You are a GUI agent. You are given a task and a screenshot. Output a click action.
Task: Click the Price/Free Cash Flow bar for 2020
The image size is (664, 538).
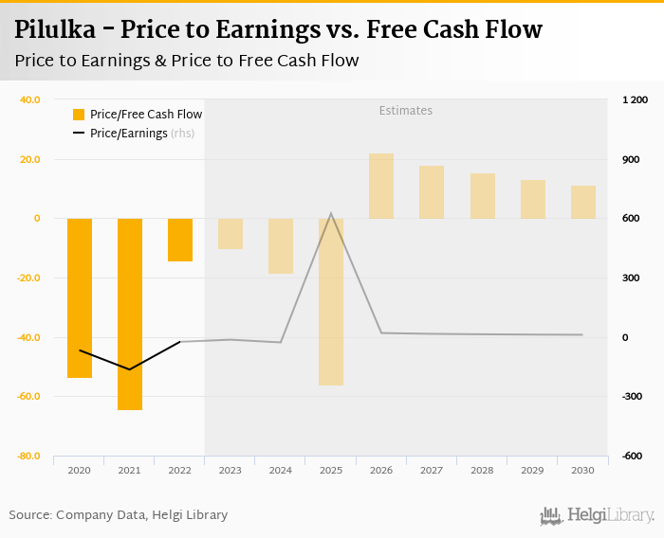click(80, 297)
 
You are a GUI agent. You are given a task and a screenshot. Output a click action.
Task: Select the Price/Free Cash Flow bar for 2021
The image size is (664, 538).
click(130, 314)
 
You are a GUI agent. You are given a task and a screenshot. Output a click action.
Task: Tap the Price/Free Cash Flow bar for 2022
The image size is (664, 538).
click(180, 240)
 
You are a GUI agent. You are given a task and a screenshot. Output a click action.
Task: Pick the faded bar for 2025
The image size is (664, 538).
click(331, 301)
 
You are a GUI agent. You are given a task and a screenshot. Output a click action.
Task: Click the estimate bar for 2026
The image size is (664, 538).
click(381, 186)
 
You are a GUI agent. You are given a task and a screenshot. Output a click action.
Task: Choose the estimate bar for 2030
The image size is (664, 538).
click(583, 202)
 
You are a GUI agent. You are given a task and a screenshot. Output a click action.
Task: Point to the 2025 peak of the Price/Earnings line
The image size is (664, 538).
click(331, 213)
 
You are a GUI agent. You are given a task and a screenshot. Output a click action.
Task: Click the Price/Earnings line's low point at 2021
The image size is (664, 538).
click(130, 369)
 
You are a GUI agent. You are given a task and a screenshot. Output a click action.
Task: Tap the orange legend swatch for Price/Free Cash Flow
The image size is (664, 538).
click(80, 115)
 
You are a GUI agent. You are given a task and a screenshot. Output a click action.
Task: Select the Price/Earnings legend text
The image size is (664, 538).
click(129, 134)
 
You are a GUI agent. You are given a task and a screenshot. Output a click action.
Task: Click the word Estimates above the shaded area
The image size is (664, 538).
click(405, 111)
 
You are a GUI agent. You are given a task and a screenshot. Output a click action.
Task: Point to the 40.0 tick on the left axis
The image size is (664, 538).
click(29, 99)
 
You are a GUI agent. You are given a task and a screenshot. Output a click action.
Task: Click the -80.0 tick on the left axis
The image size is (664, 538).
click(28, 456)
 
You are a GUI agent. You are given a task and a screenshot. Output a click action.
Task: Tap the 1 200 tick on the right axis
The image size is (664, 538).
click(635, 99)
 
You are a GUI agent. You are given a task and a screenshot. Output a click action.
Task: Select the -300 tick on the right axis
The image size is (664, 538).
click(634, 396)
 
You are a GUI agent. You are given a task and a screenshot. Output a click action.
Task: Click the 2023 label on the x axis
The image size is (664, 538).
click(231, 470)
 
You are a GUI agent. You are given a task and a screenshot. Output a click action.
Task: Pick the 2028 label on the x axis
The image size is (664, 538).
click(482, 470)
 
